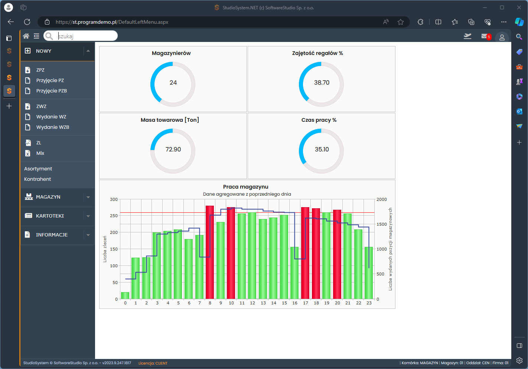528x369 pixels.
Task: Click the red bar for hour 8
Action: click(209, 252)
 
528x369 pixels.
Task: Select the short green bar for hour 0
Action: click(125, 295)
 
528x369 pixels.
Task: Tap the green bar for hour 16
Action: click(294, 273)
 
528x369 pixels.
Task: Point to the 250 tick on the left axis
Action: click(114, 216)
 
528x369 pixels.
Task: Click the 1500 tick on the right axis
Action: click(382, 224)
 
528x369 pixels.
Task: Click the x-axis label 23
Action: click(369, 303)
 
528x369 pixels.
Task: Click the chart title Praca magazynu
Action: click(245, 187)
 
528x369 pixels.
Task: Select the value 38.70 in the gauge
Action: click(322, 82)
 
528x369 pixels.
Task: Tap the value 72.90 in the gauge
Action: click(173, 149)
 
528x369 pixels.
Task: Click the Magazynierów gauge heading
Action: click(171, 53)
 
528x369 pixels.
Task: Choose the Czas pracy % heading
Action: click(319, 120)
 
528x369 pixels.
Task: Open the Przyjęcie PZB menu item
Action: click(51, 91)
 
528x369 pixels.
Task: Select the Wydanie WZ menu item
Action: click(51, 117)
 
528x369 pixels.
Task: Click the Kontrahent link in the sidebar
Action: click(38, 179)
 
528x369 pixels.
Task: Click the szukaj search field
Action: click(86, 36)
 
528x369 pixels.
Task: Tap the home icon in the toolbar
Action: click(26, 36)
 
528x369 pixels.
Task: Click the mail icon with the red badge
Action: click(486, 36)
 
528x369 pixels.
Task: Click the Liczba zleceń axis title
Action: click(105, 249)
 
